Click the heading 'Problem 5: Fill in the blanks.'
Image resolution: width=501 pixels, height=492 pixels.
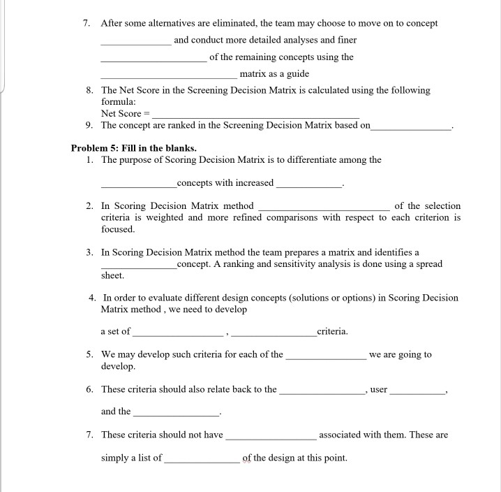pos(133,148)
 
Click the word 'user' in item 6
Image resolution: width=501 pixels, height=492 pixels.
pos(378,389)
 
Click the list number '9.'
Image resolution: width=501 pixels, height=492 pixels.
pos(89,125)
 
